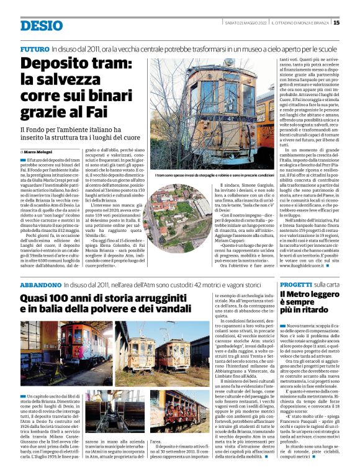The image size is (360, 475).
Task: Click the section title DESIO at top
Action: coord(41,25)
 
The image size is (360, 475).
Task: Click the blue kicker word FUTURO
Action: coord(35,48)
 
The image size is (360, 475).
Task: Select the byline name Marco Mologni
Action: coord(40,151)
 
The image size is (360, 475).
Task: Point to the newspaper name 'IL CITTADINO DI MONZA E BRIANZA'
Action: coord(297,23)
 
